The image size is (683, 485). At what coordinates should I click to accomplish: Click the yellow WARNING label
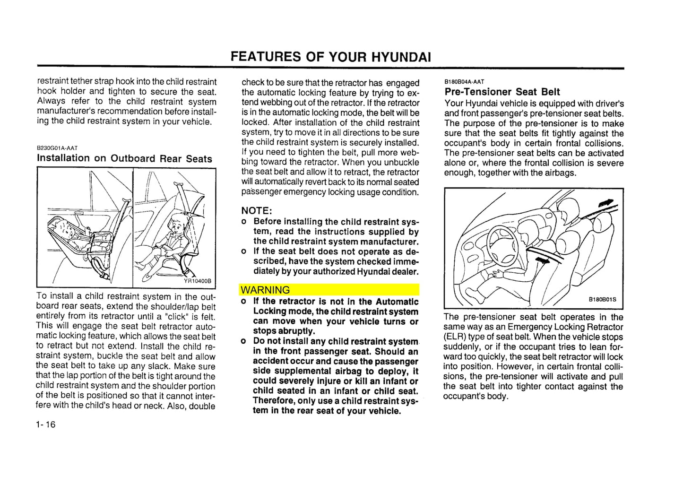coord(265,290)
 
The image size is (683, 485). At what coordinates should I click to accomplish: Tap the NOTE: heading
coord(257,210)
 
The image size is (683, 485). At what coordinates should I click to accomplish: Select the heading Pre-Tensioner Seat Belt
coord(502,92)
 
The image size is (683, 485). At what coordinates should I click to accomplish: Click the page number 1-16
coord(45,424)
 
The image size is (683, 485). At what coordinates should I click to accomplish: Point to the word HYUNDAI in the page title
coord(401,57)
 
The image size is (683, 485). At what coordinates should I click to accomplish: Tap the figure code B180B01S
coord(602,299)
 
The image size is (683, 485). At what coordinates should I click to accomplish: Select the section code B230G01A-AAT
coord(57,148)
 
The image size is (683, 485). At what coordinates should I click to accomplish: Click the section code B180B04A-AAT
coord(464,82)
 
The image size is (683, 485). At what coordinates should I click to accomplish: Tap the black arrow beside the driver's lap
coord(544,260)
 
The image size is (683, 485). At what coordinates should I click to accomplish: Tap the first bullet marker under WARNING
coord(243,302)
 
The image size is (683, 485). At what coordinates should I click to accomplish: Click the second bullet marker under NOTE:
coord(243,251)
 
